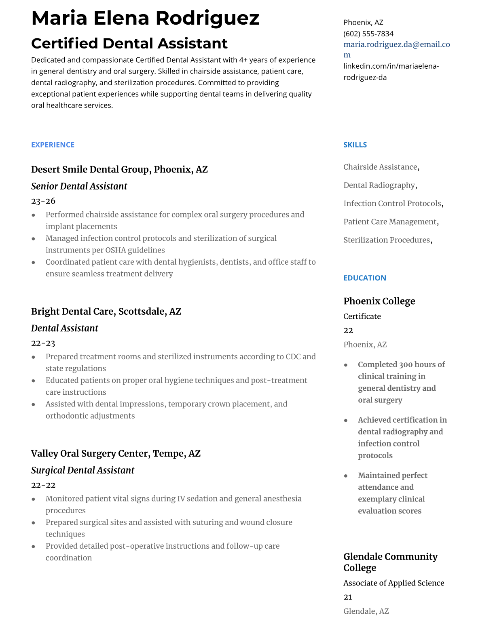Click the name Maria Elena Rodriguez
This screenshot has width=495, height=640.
pos(145,18)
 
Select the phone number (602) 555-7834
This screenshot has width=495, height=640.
pos(368,34)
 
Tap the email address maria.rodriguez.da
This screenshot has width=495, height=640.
pos(396,44)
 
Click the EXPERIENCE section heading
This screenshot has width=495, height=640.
pos(53,145)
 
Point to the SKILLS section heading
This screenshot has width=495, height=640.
pos(355,145)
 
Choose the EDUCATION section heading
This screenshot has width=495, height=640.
pos(364,278)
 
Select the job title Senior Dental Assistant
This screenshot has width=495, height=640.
pos(79,186)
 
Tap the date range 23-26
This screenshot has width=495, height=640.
pos(43,201)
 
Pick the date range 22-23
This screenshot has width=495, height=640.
pos(43,343)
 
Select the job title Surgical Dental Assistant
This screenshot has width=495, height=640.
pos(82,470)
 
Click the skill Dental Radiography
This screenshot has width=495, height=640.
pos(379,185)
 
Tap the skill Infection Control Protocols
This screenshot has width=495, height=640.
pos(392,203)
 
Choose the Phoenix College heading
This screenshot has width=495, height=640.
pos(379,301)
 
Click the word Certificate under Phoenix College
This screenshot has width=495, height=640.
pos(362,316)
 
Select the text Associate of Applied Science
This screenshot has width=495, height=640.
pos(393,583)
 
